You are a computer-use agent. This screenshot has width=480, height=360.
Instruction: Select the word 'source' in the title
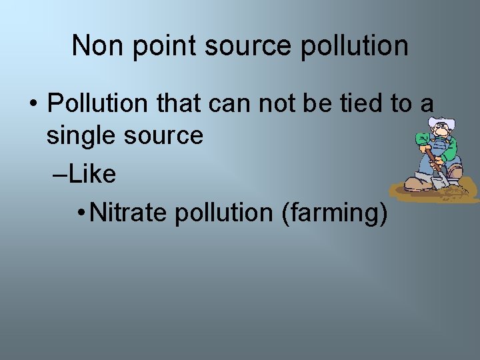(x=249, y=46)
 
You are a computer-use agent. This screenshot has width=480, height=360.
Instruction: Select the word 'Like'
(x=91, y=174)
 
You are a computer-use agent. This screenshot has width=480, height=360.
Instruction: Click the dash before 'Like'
(x=58, y=174)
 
